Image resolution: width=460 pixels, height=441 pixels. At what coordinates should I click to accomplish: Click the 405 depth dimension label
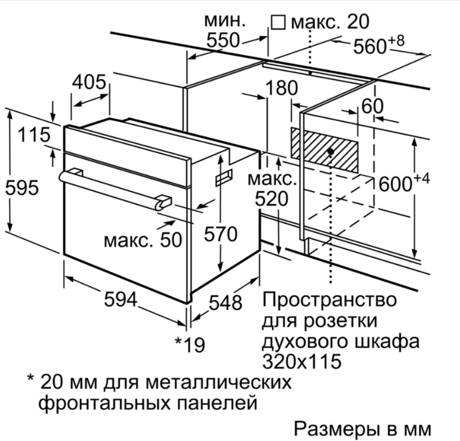(x=90, y=82)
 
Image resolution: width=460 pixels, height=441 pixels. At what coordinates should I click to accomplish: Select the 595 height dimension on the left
(x=22, y=188)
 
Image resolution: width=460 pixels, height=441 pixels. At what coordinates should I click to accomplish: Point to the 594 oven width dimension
(x=120, y=300)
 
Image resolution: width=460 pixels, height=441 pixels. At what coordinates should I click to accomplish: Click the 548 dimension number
(x=225, y=302)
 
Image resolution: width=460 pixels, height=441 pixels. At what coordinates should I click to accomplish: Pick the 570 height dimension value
(x=220, y=234)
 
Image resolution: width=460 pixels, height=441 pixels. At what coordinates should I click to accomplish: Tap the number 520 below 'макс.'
(x=272, y=199)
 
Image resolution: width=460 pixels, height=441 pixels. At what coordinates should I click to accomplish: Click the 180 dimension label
(x=281, y=88)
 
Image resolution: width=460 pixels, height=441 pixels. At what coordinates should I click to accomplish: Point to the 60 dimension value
(x=373, y=106)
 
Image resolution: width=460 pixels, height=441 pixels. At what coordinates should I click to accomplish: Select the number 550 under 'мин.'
(x=224, y=40)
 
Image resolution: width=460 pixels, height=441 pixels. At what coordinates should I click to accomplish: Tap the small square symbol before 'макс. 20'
(x=279, y=23)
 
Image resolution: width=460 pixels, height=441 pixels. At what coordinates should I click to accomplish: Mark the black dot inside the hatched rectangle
(x=330, y=151)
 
